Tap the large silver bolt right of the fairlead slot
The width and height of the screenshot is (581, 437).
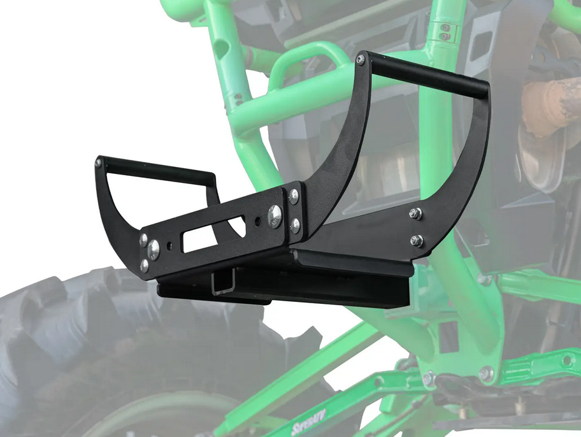pyautogui.click(x=275, y=216)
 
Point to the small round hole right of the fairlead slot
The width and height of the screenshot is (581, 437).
pyautogui.click(x=257, y=223)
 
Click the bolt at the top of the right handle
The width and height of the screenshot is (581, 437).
pyautogui.click(x=361, y=60)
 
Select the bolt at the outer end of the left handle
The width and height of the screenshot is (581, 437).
pyautogui.click(x=99, y=163)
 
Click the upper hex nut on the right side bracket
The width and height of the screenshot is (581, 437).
pyautogui.click(x=415, y=214)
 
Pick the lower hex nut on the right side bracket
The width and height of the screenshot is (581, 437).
pyautogui.click(x=416, y=240)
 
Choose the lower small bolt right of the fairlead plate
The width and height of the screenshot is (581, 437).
pyautogui.click(x=295, y=225)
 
